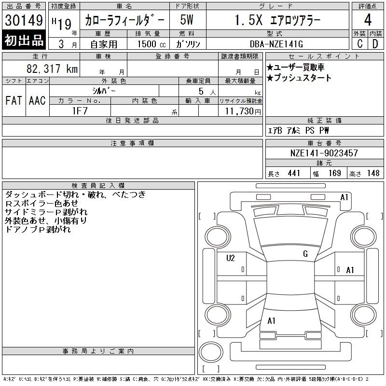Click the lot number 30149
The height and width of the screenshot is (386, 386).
pyautogui.click(x=24, y=20)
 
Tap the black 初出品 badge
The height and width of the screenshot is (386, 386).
pyautogui.click(x=24, y=40)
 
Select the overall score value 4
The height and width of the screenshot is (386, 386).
pyautogui.click(x=368, y=20)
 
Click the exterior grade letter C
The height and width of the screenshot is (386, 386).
pyautogui.click(x=360, y=44)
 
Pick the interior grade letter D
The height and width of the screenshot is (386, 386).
pyautogui.click(x=375, y=44)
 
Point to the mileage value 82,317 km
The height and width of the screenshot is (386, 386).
pyautogui.click(x=52, y=69)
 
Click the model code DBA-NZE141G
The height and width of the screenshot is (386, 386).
pyautogui.click(x=276, y=44)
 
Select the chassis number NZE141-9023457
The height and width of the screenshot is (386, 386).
pyautogui.click(x=324, y=153)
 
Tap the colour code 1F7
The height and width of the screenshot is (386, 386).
pyautogui.click(x=80, y=111)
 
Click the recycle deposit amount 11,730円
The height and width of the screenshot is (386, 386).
pyautogui.click(x=243, y=111)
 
